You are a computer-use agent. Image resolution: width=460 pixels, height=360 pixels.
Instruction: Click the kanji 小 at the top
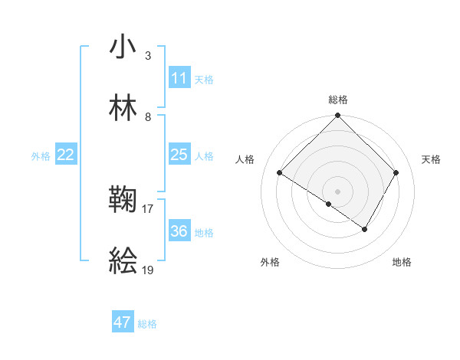point(123,47)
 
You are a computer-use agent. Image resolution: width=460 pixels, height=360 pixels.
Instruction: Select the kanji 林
point(123,108)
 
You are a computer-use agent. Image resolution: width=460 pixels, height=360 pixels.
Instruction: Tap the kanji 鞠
point(123,201)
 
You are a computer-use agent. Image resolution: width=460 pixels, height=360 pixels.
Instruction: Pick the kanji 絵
point(123,262)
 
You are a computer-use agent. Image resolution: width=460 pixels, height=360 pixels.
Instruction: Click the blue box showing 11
point(179,78)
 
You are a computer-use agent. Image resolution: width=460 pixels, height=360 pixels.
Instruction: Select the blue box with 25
point(179,155)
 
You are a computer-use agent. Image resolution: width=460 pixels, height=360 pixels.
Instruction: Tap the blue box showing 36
point(179,231)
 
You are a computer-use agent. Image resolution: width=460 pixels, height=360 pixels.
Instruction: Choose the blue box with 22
point(66,155)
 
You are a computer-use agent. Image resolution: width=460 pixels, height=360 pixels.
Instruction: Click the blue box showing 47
point(123,322)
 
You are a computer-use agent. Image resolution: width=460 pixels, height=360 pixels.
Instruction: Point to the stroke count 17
point(148,208)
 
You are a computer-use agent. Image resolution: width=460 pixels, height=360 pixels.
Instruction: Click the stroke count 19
point(148,270)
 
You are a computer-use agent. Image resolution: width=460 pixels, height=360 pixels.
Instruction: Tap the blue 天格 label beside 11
point(204,79)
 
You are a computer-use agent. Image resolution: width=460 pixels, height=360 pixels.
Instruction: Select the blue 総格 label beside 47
point(147,324)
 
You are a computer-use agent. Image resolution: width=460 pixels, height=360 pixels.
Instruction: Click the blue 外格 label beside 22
point(41,155)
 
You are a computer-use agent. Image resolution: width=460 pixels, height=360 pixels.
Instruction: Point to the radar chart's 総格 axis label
point(338,100)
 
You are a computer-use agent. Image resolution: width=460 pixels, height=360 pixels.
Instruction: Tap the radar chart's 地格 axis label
point(402,262)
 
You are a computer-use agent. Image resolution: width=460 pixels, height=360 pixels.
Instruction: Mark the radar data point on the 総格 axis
point(338,116)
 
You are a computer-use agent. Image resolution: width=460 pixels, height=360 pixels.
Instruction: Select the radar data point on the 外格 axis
point(329,204)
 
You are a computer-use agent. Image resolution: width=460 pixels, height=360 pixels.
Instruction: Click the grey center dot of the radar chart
point(338,191)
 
